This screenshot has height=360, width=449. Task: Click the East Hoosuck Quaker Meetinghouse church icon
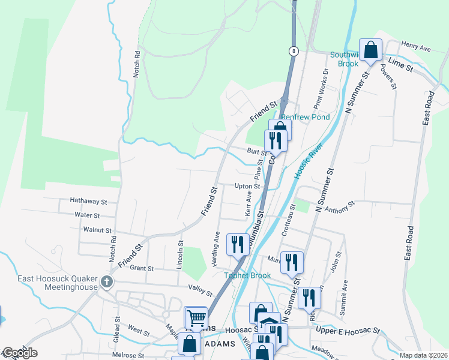(107, 281)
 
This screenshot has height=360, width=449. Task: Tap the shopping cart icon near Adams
(196, 318)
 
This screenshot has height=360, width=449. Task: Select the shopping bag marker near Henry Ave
(370, 50)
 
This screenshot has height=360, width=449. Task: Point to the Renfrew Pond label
(306, 117)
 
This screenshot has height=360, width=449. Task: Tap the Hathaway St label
(88, 202)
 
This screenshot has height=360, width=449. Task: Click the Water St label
(88, 215)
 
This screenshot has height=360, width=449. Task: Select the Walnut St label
(98, 230)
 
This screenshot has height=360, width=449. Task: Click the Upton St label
(247, 186)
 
